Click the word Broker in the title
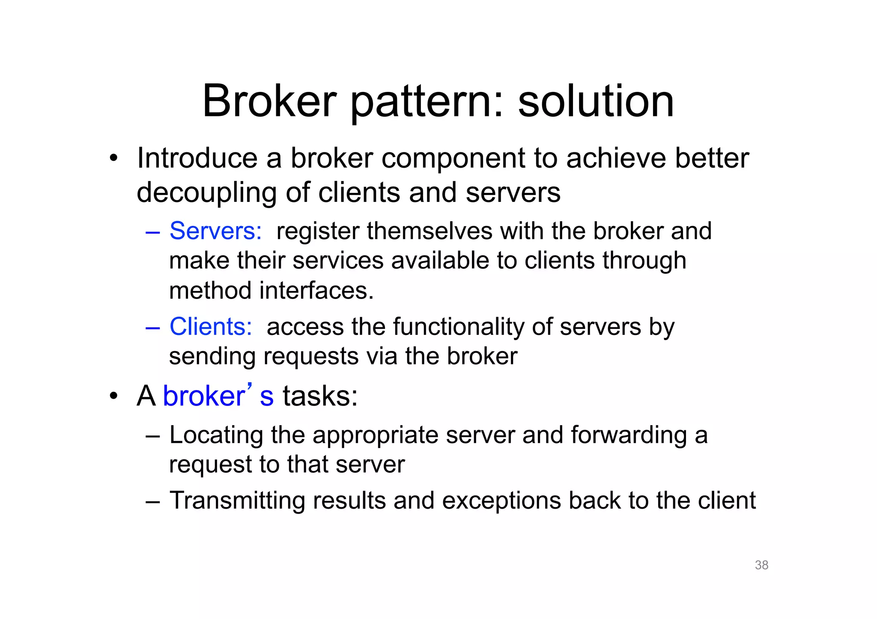click(269, 101)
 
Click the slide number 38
click(761, 565)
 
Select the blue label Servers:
click(215, 231)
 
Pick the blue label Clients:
click(211, 327)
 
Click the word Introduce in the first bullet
click(197, 158)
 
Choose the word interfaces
click(316, 291)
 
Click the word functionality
click(458, 327)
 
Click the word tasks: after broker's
click(320, 396)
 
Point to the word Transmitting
click(237, 501)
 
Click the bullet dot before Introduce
click(113, 159)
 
